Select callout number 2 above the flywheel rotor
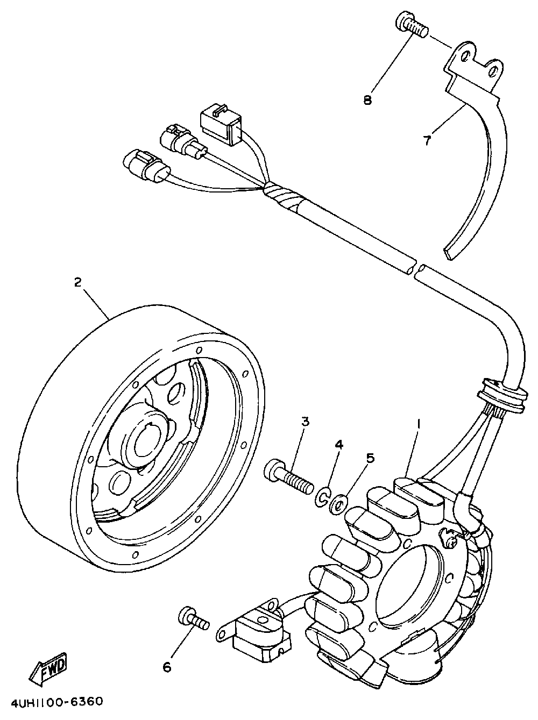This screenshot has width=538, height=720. pyautogui.click(x=77, y=282)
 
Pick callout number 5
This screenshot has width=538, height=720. pyautogui.click(x=370, y=458)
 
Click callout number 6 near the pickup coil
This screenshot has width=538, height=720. pyautogui.click(x=167, y=667)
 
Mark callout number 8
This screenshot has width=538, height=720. pyautogui.click(x=367, y=100)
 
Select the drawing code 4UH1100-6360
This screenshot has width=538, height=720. pyautogui.click(x=52, y=702)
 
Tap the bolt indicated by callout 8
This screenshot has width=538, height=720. pyautogui.click(x=412, y=24)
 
